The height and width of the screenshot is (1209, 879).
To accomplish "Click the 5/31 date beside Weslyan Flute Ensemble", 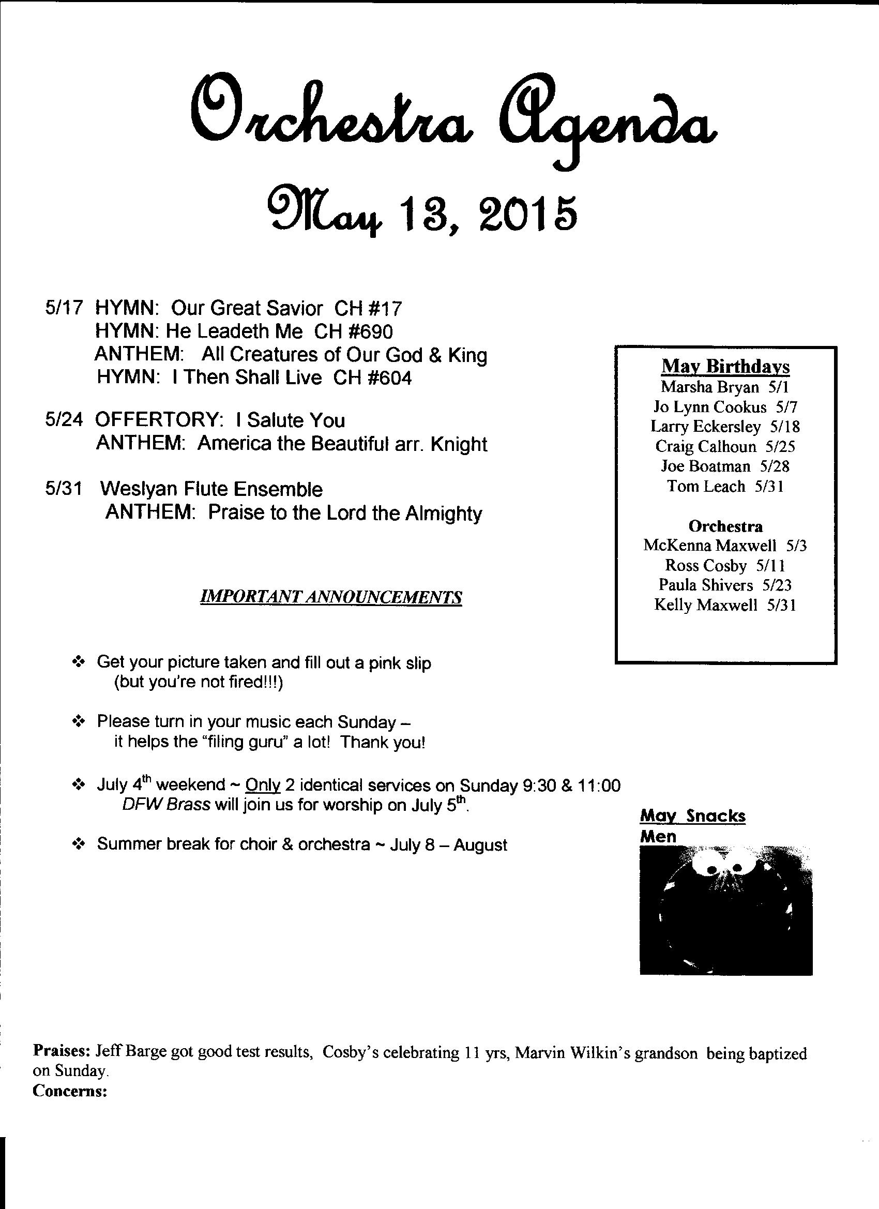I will (x=64, y=489).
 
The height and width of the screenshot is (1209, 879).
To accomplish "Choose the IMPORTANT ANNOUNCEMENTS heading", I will (x=330, y=597).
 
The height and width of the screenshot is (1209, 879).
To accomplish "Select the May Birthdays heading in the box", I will (x=725, y=366).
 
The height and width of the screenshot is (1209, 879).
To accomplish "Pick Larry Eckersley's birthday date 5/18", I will (x=785, y=427).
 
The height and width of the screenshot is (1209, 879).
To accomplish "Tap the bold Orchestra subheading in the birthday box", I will (x=725, y=526).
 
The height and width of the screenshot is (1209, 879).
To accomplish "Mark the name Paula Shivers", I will (x=705, y=585).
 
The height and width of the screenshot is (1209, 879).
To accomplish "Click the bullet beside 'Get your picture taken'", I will (x=79, y=662).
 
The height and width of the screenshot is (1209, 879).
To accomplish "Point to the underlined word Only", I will (x=263, y=785).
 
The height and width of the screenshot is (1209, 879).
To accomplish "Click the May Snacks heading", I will (x=692, y=815).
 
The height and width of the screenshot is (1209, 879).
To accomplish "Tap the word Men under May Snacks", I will (x=658, y=836).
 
